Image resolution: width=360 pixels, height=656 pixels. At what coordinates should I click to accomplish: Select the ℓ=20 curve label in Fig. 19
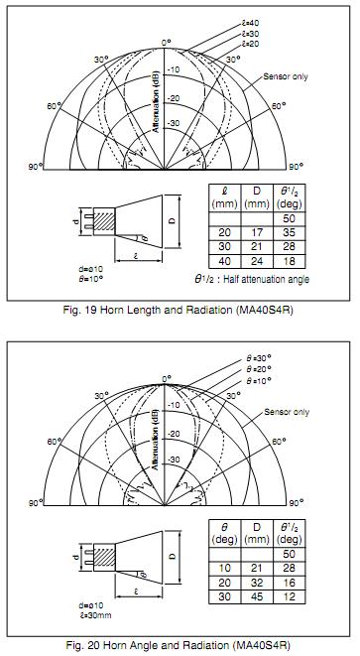click(250, 44)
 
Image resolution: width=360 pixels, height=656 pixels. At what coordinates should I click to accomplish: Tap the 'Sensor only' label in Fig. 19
click(286, 76)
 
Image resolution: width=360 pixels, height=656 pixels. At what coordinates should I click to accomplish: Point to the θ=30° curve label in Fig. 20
click(259, 358)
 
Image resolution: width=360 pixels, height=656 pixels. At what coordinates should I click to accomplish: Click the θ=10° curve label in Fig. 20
click(259, 380)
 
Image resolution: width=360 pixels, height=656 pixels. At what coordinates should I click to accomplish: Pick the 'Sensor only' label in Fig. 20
click(287, 412)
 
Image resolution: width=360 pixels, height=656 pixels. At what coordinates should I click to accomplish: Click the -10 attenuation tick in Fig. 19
click(173, 69)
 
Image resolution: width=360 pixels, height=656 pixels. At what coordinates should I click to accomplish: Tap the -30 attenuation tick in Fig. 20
click(174, 459)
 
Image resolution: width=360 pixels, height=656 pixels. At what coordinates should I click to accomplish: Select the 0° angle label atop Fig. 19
click(167, 43)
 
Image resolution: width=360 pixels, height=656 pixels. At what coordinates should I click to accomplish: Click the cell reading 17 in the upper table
click(257, 233)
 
